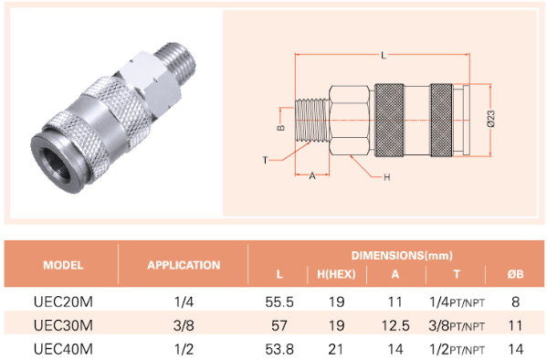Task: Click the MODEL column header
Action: tap(63, 265)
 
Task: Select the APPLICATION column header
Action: tap(184, 265)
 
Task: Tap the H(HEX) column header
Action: tap(336, 274)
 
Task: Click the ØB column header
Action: tap(516, 274)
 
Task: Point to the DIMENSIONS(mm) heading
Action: tap(402, 255)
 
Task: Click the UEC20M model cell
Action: tap(64, 302)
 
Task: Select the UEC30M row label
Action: tap(64, 325)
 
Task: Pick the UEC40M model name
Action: tap(64, 349)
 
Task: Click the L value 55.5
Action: tap(279, 302)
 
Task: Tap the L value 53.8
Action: tap(279, 349)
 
